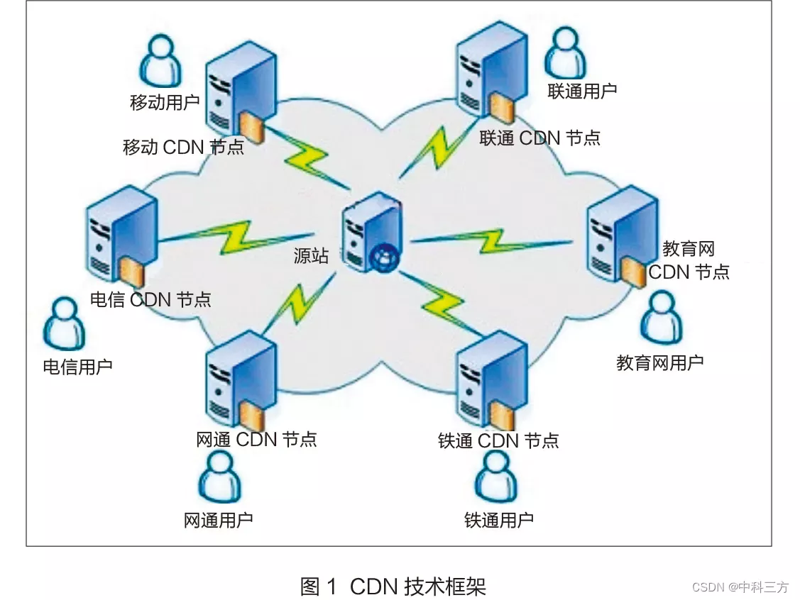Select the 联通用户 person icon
coord(565,53)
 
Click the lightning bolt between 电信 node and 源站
coord(234,236)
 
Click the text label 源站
coord(311,255)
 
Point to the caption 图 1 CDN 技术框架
coord(393,586)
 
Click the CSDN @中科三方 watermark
coord(740,587)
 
